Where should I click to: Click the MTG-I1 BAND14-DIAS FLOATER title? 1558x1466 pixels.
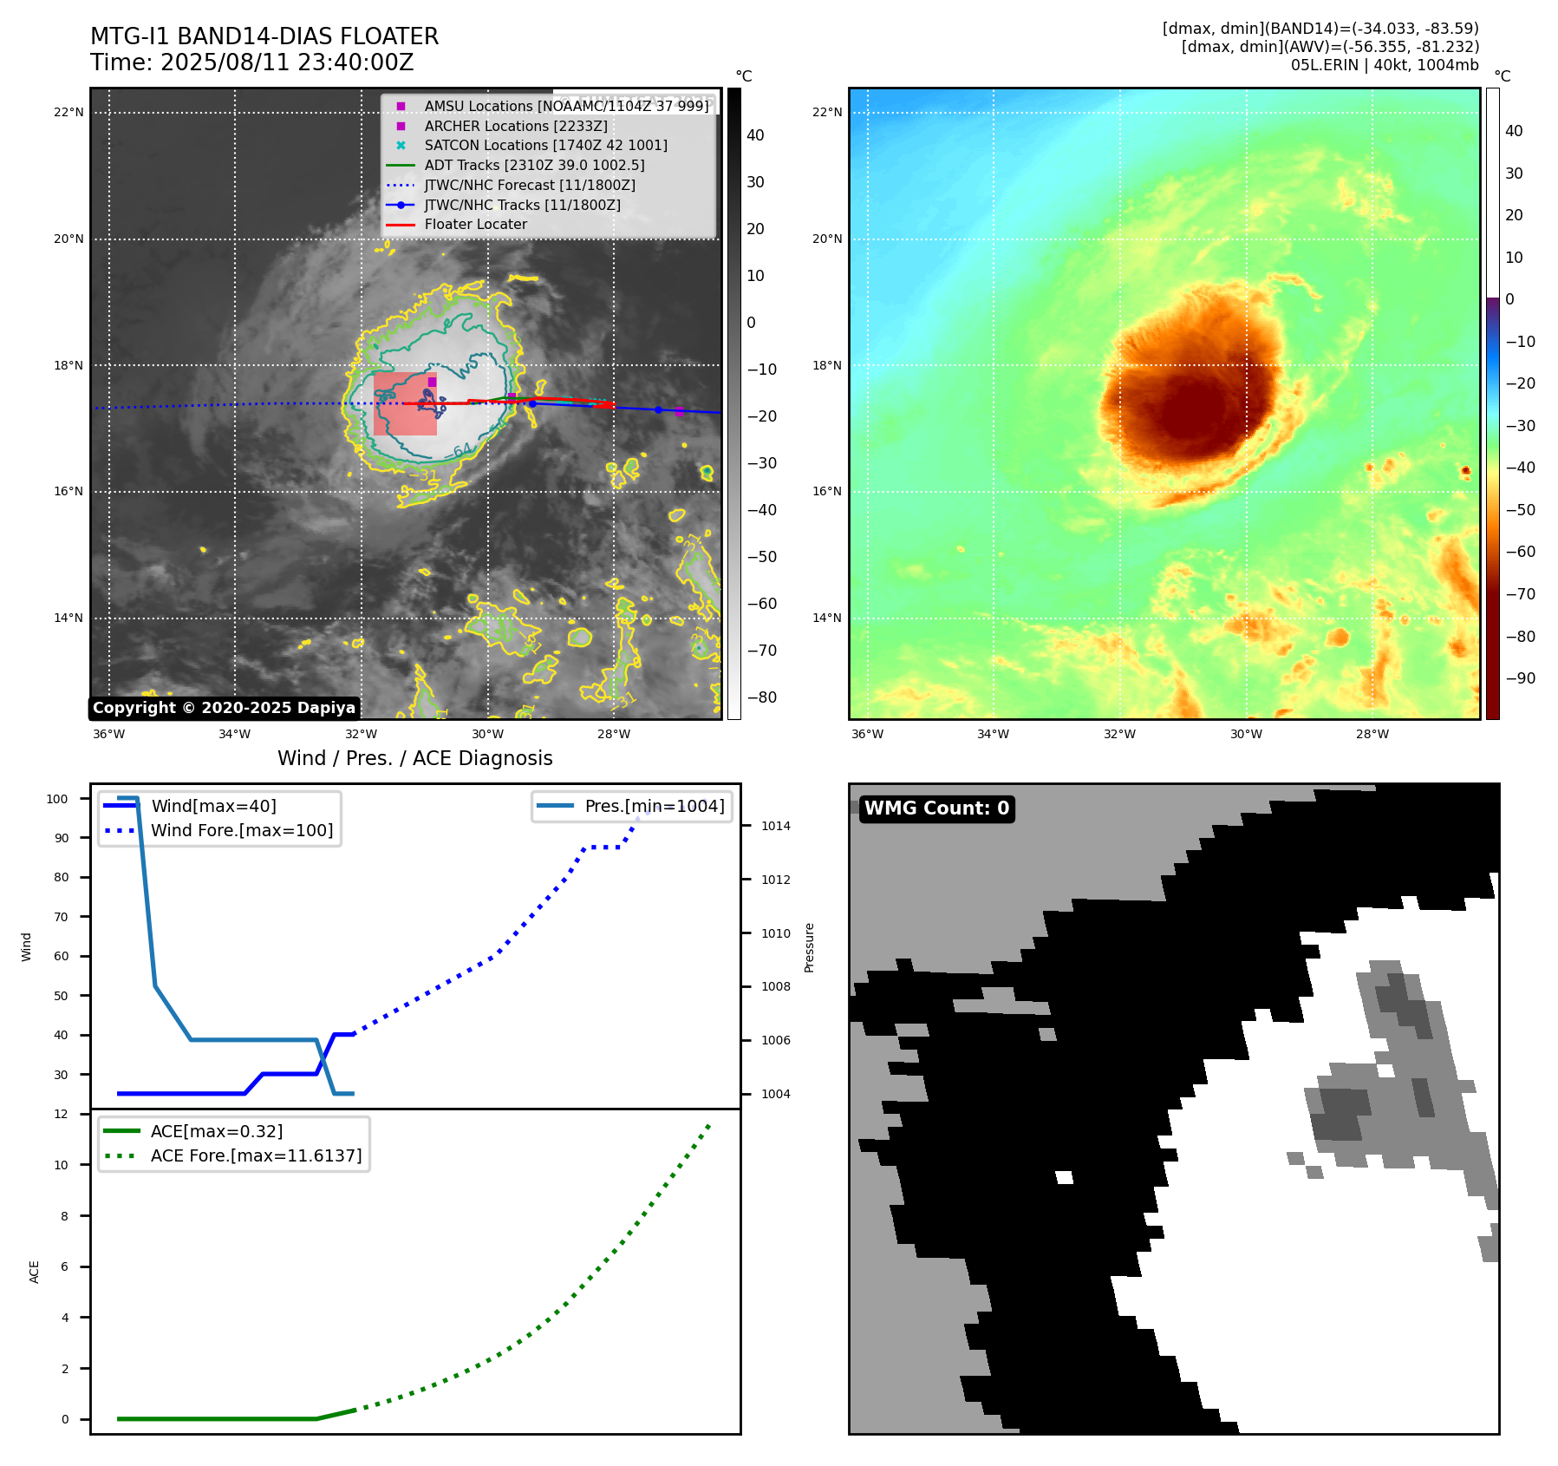(264, 36)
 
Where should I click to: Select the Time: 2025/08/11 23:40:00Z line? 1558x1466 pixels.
(251, 62)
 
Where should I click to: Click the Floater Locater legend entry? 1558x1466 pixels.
(475, 224)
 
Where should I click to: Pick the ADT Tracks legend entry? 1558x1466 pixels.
(534, 165)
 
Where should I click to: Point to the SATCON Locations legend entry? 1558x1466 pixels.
(545, 145)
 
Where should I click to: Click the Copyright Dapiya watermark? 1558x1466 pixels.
(224, 708)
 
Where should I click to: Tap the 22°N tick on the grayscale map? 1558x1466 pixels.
(68, 112)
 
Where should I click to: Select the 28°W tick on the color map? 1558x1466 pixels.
(1372, 734)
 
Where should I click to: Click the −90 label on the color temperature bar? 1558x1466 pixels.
(1520, 678)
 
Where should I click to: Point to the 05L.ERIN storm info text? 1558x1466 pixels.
(1384, 65)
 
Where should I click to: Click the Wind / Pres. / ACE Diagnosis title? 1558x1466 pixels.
(414, 758)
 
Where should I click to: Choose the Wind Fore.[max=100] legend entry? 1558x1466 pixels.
(242, 830)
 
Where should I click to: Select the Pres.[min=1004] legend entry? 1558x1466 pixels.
(654, 806)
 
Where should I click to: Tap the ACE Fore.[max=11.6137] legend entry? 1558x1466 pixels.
(256, 1155)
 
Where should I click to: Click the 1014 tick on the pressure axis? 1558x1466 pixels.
(775, 826)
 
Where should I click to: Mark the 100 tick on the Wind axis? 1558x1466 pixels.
(57, 799)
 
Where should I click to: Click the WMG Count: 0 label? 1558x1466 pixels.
(936, 808)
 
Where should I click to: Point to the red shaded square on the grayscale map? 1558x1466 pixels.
(405, 404)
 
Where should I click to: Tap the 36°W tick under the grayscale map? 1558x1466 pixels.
(108, 734)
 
